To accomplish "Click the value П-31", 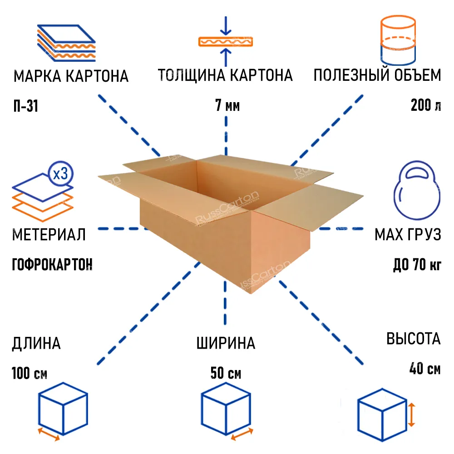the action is [x=26, y=106].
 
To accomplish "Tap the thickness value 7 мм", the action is [x=227, y=105].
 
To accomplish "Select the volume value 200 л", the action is [x=426, y=105].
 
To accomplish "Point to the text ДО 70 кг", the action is [x=417, y=264].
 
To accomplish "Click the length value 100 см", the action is [x=29, y=373].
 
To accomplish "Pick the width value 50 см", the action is [x=226, y=373].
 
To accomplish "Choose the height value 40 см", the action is [x=425, y=369].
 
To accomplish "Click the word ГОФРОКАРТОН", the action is [x=52, y=264].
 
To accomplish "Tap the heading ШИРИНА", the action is [x=226, y=343].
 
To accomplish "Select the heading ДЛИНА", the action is [x=36, y=344].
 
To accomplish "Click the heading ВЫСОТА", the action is [x=414, y=339].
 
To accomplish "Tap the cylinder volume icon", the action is [x=398, y=40].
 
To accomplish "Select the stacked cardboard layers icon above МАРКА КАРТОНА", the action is [x=66, y=43].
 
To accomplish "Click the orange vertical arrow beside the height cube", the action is [x=411, y=415].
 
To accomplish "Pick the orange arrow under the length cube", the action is [x=49, y=434].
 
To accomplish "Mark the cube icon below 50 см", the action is [x=226, y=409].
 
